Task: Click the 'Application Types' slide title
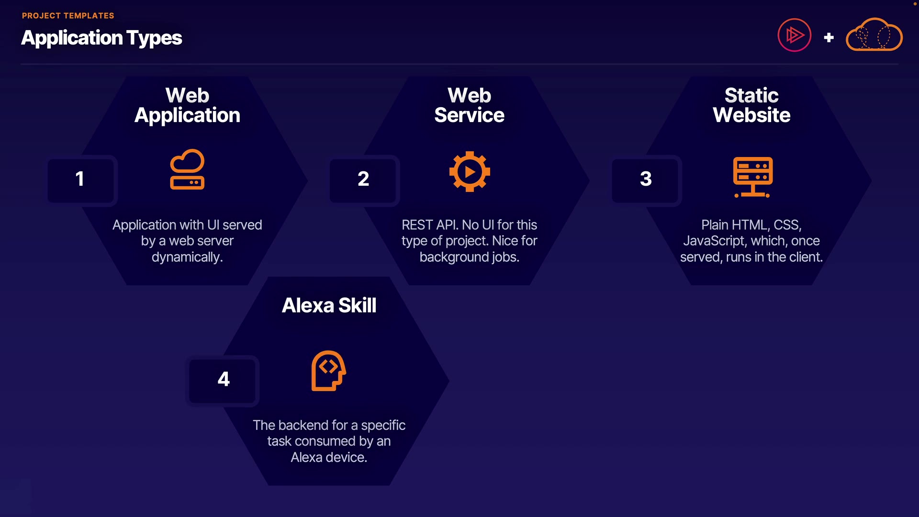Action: point(101,38)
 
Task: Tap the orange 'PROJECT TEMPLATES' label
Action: point(68,16)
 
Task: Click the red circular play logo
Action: point(794,35)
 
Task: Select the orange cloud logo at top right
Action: point(874,35)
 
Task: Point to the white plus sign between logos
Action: point(829,37)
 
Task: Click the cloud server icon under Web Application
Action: point(187,169)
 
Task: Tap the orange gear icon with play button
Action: point(470,171)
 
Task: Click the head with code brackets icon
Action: point(329,371)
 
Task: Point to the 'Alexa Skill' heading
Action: point(329,305)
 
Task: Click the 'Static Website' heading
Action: point(751,105)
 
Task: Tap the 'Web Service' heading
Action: point(469,105)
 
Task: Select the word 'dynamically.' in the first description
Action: point(187,257)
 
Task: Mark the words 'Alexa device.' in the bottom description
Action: point(329,457)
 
